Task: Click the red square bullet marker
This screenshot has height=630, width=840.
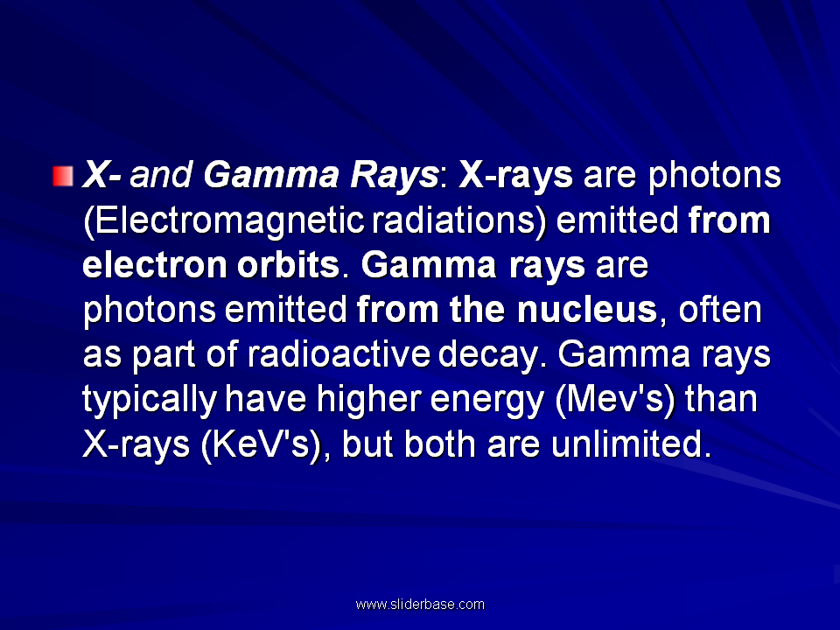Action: [x=63, y=176]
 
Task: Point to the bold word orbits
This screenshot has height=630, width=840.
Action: [x=288, y=264]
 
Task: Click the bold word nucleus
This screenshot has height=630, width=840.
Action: [x=587, y=310]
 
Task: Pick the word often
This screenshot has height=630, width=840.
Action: [x=720, y=310]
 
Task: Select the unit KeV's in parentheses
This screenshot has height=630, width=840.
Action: [x=262, y=444]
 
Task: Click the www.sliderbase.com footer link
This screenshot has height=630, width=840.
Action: [x=420, y=605]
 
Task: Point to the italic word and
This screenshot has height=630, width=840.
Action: [x=161, y=175]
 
